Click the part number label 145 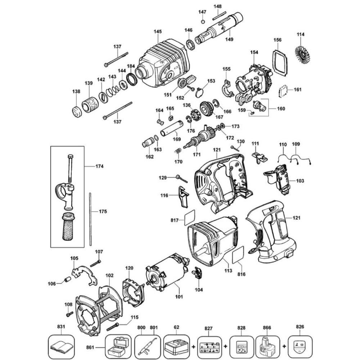point(158,32)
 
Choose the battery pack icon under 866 point(269,346)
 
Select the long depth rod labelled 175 point(90,219)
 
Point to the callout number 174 point(99,166)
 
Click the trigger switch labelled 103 point(281,180)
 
